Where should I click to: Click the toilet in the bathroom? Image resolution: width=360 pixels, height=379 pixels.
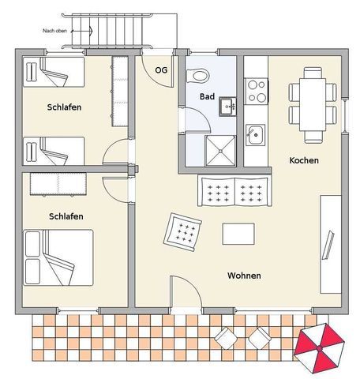click(197, 76)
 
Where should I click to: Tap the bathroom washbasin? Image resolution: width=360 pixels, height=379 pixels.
click(227, 107)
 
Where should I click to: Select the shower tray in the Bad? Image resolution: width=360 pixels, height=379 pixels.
click(220, 151)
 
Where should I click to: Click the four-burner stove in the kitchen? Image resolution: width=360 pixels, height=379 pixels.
click(257, 91)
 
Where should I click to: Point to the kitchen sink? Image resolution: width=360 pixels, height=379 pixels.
click(255, 135)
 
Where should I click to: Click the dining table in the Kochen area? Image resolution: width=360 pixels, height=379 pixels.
click(313, 104)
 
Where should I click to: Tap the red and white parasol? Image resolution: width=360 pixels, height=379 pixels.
click(319, 348)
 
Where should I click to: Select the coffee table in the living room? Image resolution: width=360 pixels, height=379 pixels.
click(238, 234)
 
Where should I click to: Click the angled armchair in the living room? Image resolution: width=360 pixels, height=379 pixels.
click(182, 232)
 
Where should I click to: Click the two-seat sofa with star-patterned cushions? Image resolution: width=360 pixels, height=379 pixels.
click(234, 191)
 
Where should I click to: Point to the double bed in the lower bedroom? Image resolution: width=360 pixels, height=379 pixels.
click(58, 257)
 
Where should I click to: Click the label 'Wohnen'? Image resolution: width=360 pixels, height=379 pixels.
click(244, 276)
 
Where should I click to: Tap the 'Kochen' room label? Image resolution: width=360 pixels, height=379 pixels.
click(304, 160)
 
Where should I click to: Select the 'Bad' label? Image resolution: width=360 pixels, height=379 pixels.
click(207, 96)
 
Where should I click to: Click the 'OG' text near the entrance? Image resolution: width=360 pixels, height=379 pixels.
click(161, 70)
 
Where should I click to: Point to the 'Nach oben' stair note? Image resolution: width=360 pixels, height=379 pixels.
click(54, 31)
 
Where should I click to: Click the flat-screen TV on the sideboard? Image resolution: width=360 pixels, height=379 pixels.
click(328, 245)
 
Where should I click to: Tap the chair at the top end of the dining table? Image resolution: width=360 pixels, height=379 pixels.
click(313, 73)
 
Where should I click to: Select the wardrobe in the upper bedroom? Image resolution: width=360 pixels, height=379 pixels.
click(120, 91)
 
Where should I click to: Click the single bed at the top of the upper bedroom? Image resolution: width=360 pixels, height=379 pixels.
click(54, 72)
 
